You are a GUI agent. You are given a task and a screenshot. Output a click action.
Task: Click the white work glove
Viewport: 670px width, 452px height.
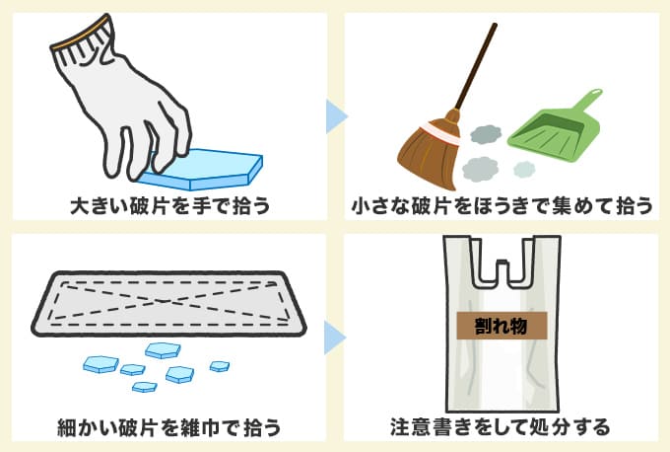[x=124, y=107]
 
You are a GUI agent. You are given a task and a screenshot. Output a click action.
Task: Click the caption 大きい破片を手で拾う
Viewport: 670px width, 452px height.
[x=169, y=206]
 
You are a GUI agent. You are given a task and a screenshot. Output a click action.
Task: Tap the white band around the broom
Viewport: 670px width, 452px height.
[x=440, y=132]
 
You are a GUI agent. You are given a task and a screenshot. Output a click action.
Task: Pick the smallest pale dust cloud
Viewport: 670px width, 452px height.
[x=524, y=170]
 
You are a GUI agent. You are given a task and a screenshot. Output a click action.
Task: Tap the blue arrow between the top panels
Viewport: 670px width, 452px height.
[x=335, y=116]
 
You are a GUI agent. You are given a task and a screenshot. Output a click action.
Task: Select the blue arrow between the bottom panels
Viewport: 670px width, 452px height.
[x=335, y=339]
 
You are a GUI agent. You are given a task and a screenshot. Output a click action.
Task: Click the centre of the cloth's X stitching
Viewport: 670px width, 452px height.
[x=165, y=301]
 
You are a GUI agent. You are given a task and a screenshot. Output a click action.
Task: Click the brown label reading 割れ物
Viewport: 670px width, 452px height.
[x=502, y=326]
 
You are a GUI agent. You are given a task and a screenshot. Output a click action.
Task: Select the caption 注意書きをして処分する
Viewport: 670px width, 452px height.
[x=500, y=426]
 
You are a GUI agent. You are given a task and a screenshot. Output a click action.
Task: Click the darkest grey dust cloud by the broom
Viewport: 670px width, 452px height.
[x=485, y=134]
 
